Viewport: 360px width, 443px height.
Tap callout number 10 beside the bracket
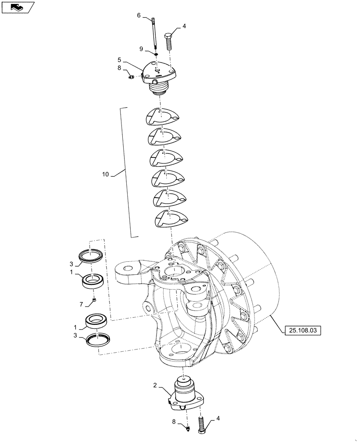point(106,175)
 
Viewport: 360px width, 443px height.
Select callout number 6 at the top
point(139,16)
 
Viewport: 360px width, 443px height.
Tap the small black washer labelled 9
point(155,54)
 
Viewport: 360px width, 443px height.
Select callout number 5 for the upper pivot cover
point(119,59)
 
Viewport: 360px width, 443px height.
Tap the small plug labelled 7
point(95,302)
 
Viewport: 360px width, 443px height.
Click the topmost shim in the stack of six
point(162,118)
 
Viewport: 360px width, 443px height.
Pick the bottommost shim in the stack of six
point(171,218)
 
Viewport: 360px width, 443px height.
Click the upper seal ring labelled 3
point(92,256)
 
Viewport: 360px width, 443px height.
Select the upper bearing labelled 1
point(94,281)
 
